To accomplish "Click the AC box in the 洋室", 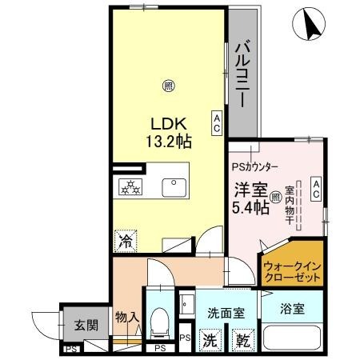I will [316, 190].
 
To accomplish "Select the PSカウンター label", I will [255, 167].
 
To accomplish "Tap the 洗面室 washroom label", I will [226, 312].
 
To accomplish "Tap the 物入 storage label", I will [127, 318].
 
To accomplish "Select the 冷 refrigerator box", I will [126, 238].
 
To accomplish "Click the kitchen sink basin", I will [172, 187].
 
